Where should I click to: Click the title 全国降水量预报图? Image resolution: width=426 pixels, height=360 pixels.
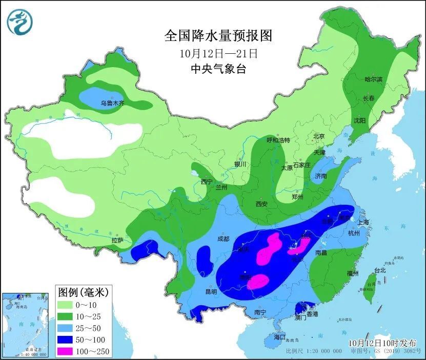pyautogui.click(x=217, y=35)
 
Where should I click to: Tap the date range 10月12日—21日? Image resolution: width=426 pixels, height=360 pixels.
pyautogui.click(x=217, y=53)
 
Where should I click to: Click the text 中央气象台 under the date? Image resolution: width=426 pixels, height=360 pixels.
pyautogui.click(x=217, y=69)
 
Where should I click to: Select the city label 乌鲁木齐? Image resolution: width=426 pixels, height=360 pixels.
pyautogui.click(x=112, y=103)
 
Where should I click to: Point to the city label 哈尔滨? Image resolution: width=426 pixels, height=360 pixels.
pyautogui.click(x=373, y=79)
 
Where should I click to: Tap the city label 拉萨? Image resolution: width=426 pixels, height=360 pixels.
pyautogui.click(x=117, y=240)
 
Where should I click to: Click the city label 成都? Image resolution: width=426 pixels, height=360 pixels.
pyautogui.click(x=223, y=238)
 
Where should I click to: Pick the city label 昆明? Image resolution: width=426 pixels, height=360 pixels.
pyautogui.click(x=211, y=292)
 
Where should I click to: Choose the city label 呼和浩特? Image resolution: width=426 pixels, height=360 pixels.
pyautogui.click(x=278, y=140)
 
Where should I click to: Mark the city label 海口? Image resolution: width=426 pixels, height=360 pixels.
pyautogui.click(x=279, y=337)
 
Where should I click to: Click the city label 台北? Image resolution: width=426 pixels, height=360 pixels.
pyautogui.click(x=380, y=270)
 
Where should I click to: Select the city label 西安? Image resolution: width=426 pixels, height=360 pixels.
pyautogui.click(x=261, y=204)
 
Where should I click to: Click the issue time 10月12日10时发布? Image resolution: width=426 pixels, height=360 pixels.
pyautogui.click(x=382, y=343)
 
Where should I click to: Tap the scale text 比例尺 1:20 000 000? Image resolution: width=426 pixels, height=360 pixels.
pyautogui.click(x=314, y=351)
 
